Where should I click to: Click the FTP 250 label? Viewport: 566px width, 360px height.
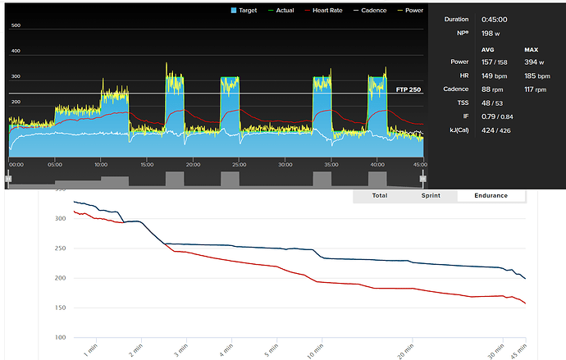[x=409, y=89]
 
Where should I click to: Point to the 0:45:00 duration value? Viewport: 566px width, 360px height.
[x=494, y=19]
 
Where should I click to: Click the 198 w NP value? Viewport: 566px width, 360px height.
[x=491, y=32]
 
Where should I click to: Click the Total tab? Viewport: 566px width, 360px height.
[x=379, y=195]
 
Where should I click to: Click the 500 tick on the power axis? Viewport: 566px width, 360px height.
[x=16, y=25]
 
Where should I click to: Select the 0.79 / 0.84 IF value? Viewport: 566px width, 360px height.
[x=496, y=116]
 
